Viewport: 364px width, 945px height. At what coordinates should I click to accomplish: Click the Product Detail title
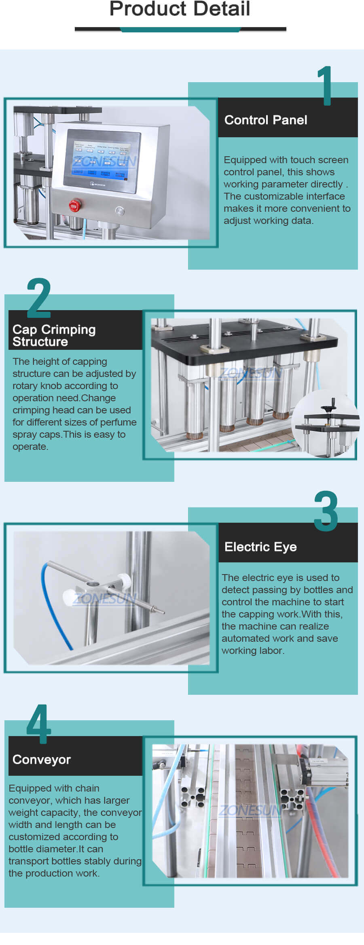click(x=180, y=9)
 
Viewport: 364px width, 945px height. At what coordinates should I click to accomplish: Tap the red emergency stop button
click(x=74, y=206)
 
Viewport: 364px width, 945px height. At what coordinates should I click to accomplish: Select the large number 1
click(x=325, y=86)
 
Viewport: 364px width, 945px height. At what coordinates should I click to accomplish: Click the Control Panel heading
click(x=265, y=120)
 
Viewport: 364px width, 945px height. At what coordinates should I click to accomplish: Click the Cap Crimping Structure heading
click(x=54, y=335)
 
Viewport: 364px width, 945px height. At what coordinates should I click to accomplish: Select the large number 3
click(x=326, y=511)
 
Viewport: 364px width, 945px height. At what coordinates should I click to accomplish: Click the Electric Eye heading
click(x=260, y=547)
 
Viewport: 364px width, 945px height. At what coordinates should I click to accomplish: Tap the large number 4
click(x=39, y=724)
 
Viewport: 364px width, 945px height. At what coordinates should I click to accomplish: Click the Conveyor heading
click(x=42, y=760)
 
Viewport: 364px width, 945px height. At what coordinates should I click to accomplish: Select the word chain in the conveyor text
click(x=87, y=788)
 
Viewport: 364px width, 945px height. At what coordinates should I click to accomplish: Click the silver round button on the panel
click(x=119, y=211)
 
